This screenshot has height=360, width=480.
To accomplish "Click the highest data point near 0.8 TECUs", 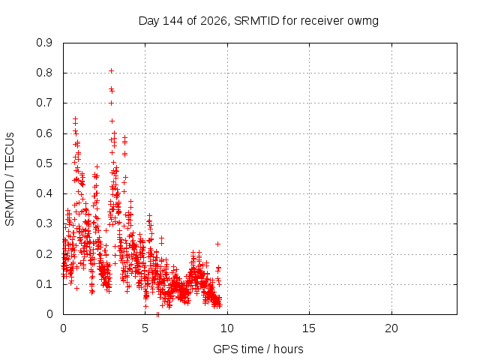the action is point(112,71).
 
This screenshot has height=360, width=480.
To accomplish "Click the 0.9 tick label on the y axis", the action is point(44,43).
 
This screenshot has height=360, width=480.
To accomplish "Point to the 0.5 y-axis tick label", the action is point(44,163).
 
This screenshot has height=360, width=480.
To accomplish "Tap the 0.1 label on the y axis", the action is point(44,284).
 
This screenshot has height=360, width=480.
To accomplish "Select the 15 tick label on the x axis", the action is point(309,328).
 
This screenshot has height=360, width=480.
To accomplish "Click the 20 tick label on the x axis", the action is point(391,328).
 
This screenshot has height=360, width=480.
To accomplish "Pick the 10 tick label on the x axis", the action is point(227,328).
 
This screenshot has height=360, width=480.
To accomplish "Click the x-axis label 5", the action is point(145,328).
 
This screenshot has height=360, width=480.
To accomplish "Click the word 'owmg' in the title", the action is point(363,21).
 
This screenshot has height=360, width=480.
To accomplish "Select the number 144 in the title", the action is point(172,21).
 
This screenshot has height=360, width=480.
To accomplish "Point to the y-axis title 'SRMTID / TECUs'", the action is point(10,179).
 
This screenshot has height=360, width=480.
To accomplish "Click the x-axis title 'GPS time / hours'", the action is point(258,349).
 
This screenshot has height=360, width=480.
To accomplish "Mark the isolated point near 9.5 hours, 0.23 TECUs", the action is point(217,244).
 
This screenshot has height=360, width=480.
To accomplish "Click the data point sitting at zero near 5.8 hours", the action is point(157,314).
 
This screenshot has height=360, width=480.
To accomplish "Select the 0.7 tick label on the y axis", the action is point(44,103).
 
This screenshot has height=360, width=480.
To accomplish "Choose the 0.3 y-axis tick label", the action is point(44,223).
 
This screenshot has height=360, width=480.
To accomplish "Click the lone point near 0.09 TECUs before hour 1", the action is point(76,288).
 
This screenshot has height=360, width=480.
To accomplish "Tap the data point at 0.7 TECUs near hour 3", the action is point(112,103).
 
